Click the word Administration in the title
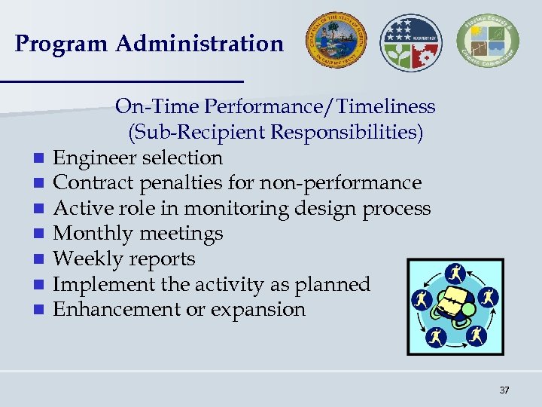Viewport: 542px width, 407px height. (199, 44)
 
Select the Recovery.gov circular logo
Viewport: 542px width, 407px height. (411, 41)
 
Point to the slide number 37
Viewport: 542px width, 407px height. (504, 390)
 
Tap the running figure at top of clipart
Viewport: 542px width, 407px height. (456, 272)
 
